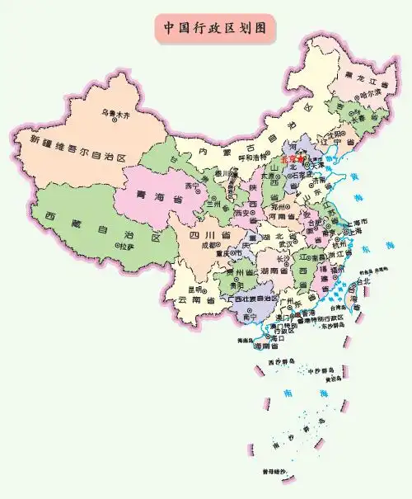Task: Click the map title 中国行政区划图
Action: point(213,26)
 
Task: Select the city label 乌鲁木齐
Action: point(116,111)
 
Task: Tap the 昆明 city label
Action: point(194,290)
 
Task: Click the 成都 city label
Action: point(209,245)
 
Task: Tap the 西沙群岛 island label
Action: point(281,363)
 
